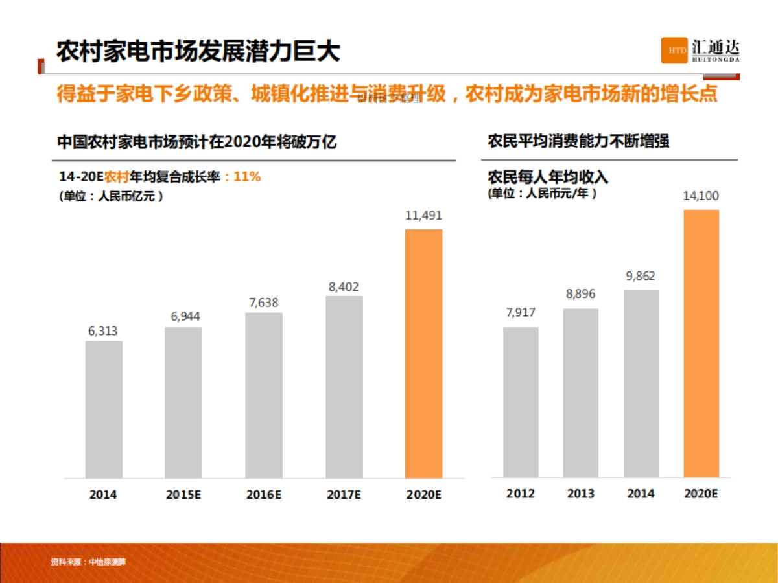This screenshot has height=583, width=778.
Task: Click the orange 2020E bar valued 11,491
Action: coord(423,354)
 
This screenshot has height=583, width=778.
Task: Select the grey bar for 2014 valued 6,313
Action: coord(104,409)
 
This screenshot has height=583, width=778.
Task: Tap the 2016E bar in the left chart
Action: coord(264,395)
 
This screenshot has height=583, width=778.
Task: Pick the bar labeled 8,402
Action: coord(344,387)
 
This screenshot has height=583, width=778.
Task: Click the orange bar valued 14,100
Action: coord(701,343)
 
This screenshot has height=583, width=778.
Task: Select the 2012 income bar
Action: coord(521,402)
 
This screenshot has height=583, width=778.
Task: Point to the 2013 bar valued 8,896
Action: coord(580,393)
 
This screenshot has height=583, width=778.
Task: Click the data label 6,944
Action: coord(185,317)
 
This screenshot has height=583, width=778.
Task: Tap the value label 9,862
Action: coord(641,277)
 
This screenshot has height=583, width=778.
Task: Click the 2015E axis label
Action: coord(184,494)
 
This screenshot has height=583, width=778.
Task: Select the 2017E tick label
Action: coord(344,494)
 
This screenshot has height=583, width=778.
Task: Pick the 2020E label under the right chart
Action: coord(701,494)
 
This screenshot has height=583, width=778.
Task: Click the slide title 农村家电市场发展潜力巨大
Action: coord(198,51)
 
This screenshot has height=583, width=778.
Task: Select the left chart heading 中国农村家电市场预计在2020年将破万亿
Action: coord(197,142)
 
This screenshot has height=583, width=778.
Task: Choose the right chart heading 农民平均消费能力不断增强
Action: coord(578,142)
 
